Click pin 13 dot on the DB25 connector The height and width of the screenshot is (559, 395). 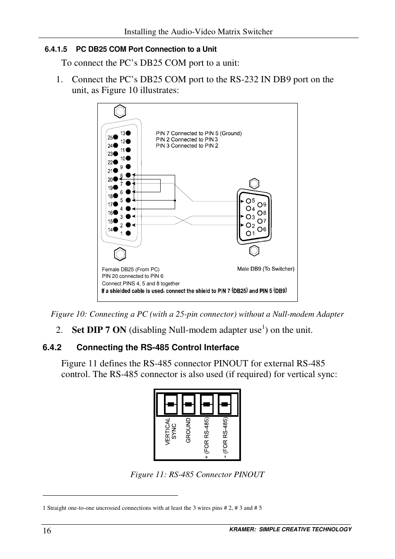(128, 133)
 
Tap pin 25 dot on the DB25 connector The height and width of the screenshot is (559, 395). (116, 137)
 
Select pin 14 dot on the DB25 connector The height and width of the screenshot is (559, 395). (116, 229)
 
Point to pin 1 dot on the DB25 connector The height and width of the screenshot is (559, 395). (128, 233)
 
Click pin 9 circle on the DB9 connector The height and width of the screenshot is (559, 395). (260, 205)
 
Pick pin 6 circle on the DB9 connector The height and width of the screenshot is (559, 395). (260, 229)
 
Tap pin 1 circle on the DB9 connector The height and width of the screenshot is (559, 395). (248, 234)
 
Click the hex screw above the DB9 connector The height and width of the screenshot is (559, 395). (254, 184)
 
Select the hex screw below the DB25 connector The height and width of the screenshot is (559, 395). (120, 253)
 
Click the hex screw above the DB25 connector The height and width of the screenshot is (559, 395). (120, 112)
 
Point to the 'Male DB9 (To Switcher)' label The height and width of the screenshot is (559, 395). (265, 269)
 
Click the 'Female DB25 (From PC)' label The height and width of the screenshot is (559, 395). (130, 270)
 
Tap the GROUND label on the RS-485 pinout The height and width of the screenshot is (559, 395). (188, 430)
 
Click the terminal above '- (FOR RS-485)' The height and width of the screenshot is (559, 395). (224, 404)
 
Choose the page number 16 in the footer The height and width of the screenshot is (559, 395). (47, 531)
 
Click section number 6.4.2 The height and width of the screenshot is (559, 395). (52, 348)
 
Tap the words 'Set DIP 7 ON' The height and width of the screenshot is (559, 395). (99, 330)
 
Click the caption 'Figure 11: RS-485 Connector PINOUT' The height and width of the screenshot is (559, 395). (197, 474)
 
